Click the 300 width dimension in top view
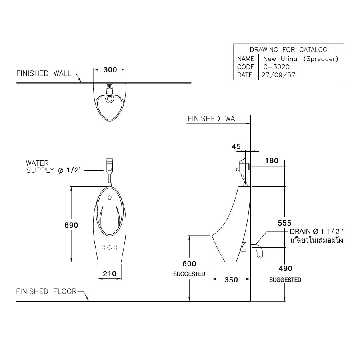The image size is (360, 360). coord(110,70)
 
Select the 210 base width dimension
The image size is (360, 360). coord(110,274)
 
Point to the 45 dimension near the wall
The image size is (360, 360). coord(236,147)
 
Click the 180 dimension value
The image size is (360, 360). coord(272,161)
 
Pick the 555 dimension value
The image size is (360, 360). coord(284,223)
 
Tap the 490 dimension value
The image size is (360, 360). coord(285,268)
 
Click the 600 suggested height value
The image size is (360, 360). coord(189,264)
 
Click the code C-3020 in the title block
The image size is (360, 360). coord(276,67)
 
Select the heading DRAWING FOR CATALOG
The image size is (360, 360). coord(288,50)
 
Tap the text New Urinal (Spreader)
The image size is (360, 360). coord(300,59)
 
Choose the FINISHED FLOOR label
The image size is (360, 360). coord(46,291)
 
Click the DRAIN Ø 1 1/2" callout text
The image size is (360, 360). coord(317,232)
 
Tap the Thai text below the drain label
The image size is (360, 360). coord(317,241)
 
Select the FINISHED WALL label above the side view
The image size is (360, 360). coord(215,118)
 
